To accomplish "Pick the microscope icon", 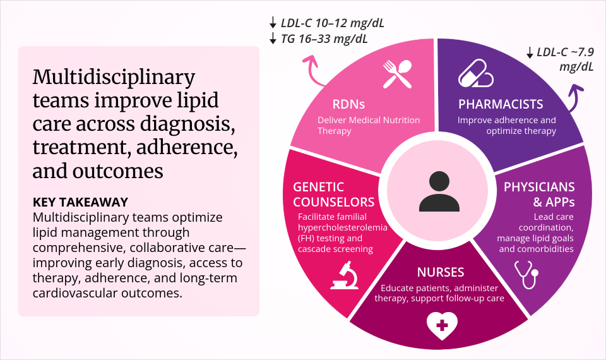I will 345,276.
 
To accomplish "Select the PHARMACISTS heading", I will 501,104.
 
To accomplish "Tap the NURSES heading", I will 441,273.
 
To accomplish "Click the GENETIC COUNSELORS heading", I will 333,195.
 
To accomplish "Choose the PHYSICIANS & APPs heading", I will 539,195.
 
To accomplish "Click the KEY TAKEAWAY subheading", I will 80,203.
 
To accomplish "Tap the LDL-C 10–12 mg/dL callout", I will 326,23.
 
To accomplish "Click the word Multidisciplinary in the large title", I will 114,78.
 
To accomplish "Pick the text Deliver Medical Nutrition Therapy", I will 368,126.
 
